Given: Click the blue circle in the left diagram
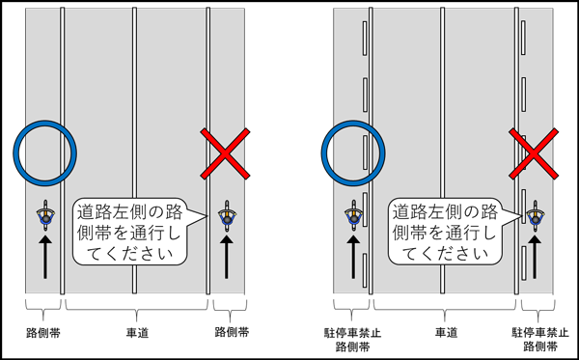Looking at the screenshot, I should [x=44, y=152].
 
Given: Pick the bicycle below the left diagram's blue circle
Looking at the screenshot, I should [x=44, y=217].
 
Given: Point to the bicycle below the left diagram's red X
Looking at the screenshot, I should [x=226, y=217].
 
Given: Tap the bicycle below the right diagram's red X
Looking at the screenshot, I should [x=536, y=217].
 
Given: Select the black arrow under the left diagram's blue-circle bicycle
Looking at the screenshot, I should [x=44, y=261].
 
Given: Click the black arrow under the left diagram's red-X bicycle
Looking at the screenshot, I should [x=226, y=261].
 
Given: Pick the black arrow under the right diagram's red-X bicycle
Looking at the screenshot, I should [x=536, y=261].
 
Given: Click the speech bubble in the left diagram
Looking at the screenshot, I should [x=136, y=232].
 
